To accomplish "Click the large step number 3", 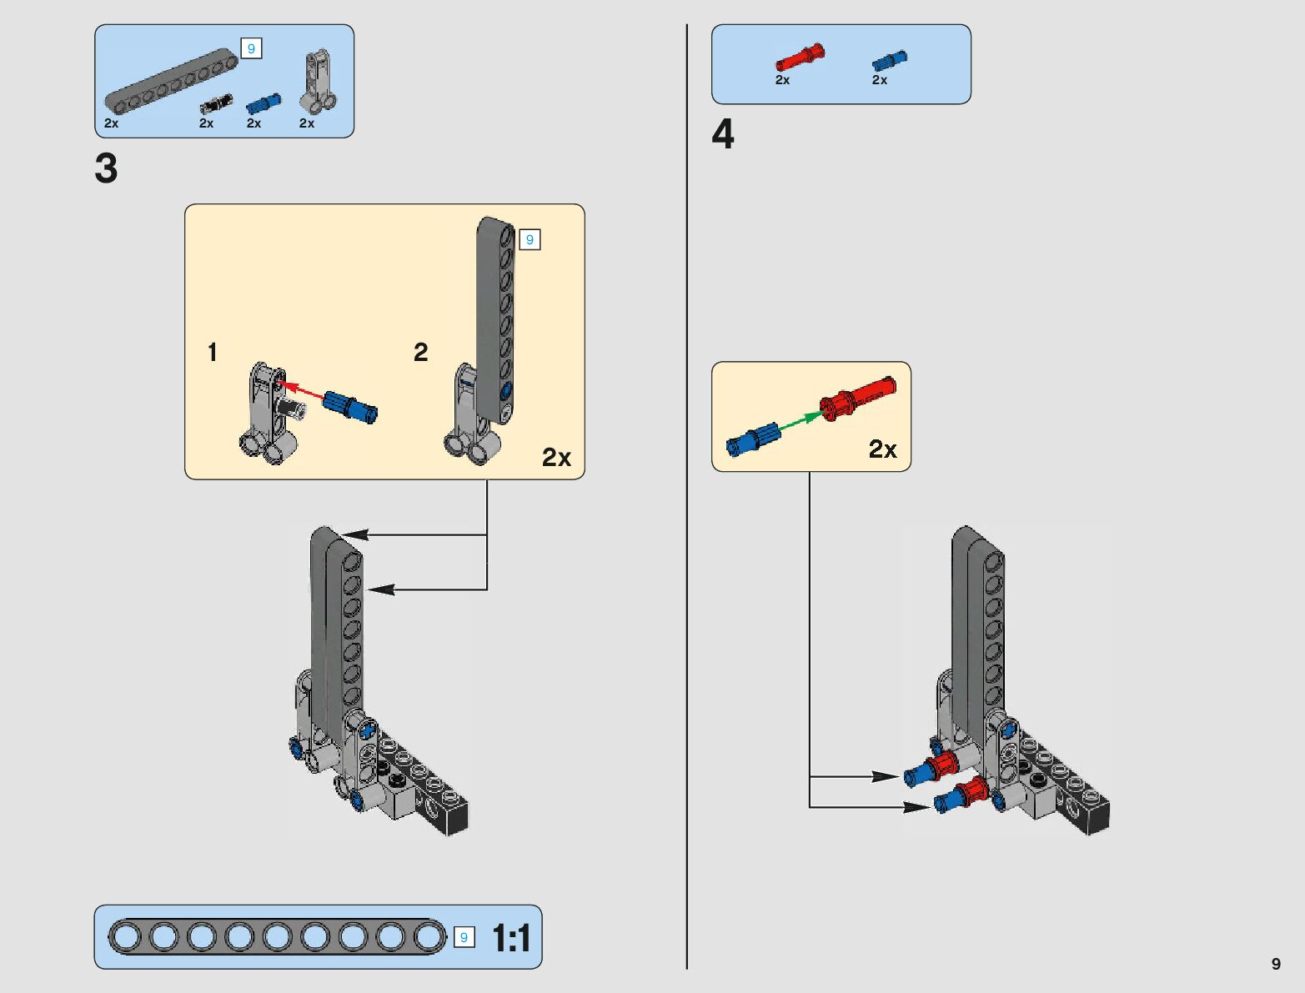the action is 106,168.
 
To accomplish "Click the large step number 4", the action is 723,134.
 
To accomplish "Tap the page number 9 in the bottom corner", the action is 1276,964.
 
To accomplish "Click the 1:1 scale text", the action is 511,938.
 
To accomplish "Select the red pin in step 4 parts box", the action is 799,58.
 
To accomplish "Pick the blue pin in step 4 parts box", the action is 890,61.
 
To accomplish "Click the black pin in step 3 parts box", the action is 216,104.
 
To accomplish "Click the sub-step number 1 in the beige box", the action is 213,353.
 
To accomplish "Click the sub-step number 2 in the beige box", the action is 421,353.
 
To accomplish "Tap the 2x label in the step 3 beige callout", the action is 556,457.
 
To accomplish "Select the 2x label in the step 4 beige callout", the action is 882,449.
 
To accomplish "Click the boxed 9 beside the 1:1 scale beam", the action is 464,937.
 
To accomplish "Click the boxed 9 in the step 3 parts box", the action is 251,48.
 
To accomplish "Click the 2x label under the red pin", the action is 782,80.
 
